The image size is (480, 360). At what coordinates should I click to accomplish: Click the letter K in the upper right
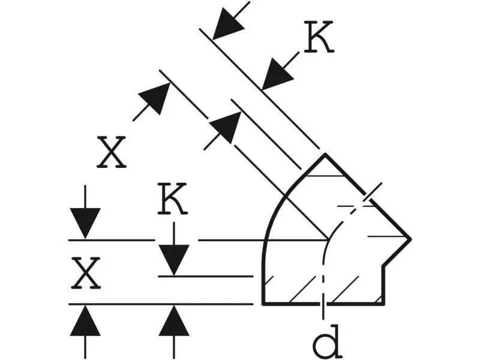[x=319, y=37]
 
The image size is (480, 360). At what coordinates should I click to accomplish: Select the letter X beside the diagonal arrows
[x=111, y=152]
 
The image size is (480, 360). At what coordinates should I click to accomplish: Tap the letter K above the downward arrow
[x=172, y=199]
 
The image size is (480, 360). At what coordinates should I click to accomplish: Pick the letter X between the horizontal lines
[x=86, y=273]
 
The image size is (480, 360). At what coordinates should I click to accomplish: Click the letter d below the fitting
[x=327, y=342]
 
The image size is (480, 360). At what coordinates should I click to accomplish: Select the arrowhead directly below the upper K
[x=277, y=74]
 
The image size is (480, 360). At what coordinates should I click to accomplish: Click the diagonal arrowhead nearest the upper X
[x=156, y=98]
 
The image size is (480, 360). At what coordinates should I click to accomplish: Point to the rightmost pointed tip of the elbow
[x=410, y=239]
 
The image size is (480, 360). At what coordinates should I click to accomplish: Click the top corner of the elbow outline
[x=325, y=154]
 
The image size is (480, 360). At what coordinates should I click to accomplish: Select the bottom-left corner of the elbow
[x=263, y=304]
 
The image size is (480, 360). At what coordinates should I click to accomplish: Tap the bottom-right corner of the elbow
[x=383, y=304]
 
